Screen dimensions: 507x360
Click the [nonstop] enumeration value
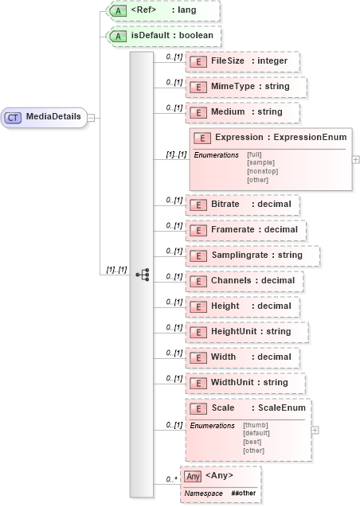click(x=262, y=171)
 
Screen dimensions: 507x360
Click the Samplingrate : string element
click(x=252, y=255)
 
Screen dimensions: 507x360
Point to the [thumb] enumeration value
click(x=254, y=425)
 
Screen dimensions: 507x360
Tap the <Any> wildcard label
click(x=219, y=476)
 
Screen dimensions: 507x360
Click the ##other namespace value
click(x=244, y=493)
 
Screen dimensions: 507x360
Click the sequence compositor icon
click(x=143, y=275)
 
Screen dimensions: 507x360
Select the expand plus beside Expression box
click(x=356, y=159)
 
